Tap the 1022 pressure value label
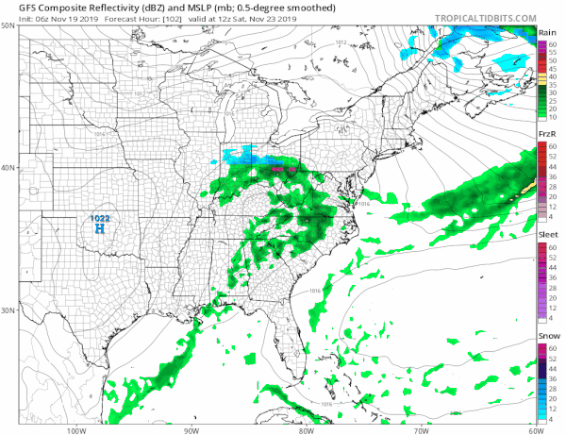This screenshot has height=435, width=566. (99, 218)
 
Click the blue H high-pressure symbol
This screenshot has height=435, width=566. (98, 228)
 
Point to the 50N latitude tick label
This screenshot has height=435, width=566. (8, 26)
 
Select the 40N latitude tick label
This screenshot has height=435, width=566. (8, 168)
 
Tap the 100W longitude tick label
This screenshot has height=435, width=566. (75, 429)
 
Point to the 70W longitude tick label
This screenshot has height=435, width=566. (420, 429)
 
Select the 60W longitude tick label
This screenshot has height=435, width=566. (535, 429)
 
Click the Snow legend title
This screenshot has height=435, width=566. (547, 337)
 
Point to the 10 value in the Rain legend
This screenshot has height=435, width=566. (553, 119)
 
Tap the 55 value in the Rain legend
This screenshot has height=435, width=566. (553, 51)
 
